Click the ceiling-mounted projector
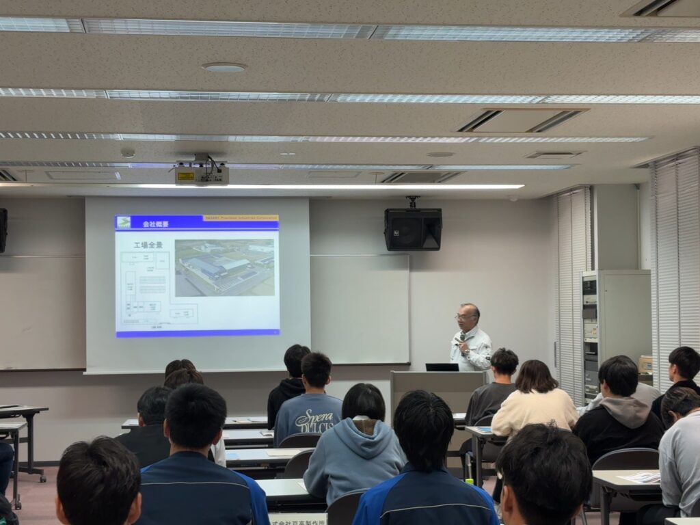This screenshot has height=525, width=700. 202,174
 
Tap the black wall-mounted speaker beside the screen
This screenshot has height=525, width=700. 412,229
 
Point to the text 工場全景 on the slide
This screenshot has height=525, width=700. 148,245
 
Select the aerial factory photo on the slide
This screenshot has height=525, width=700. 225,267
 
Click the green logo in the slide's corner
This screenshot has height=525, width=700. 124,222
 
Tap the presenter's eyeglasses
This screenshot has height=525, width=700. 466,317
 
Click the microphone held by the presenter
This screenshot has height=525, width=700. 461,337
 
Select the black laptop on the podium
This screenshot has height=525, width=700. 442,367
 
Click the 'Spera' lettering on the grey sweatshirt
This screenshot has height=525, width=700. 314,415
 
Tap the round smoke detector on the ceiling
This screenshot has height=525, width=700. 224,68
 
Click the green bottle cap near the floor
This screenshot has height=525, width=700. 470,481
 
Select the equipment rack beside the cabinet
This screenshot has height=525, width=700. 590,335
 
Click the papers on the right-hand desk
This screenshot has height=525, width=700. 641,477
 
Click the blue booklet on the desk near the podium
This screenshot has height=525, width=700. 483,429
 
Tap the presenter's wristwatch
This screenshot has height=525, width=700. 467,347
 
